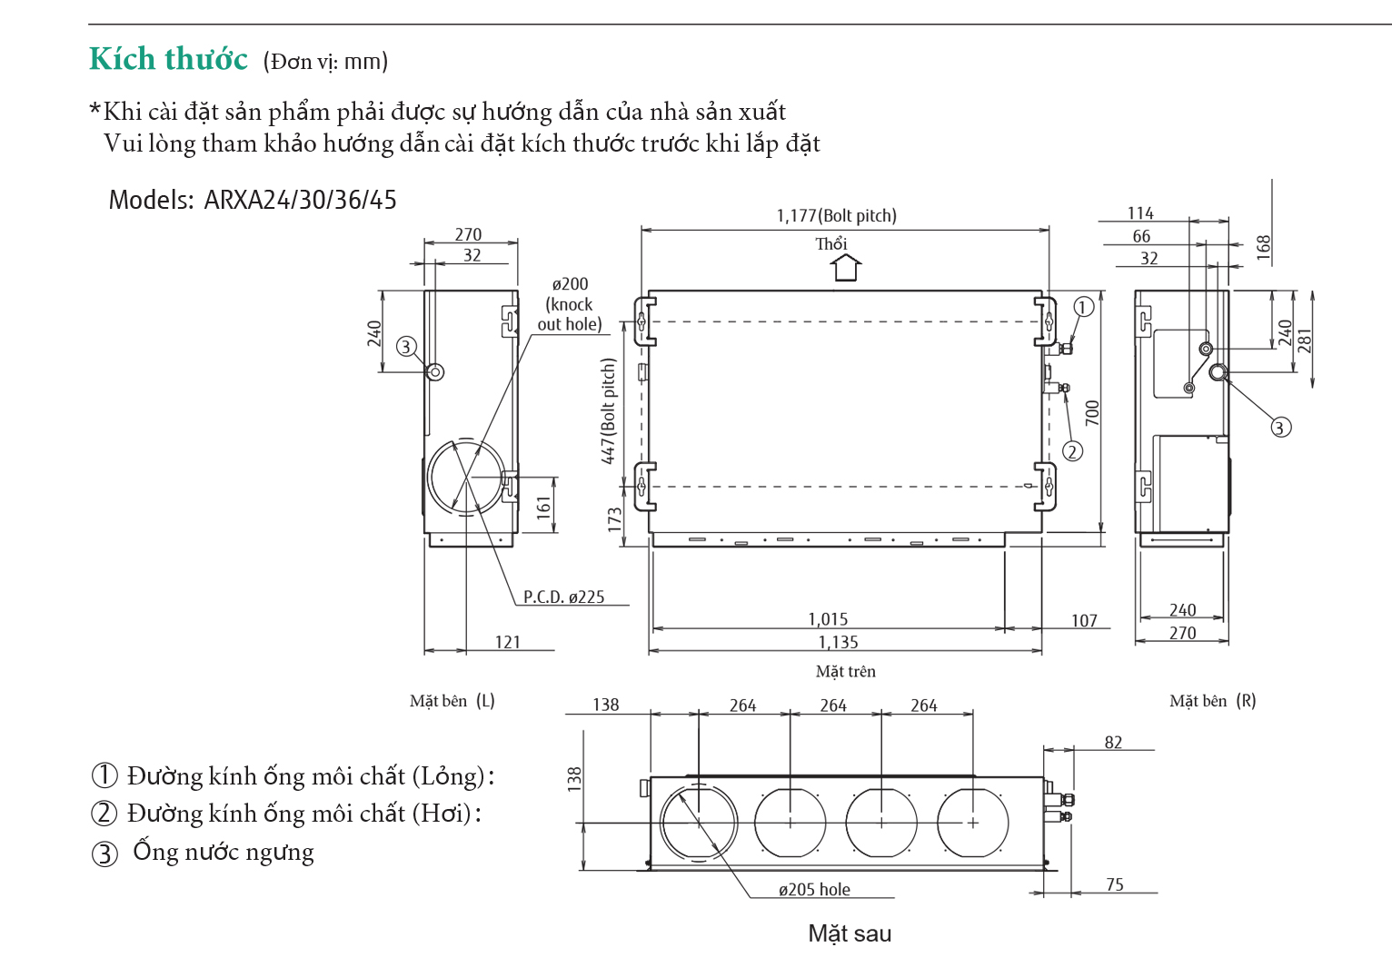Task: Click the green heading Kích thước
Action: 168,59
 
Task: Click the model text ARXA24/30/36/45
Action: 300,200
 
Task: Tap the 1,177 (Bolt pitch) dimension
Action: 837,215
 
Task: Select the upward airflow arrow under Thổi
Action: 846,268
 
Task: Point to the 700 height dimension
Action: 1092,413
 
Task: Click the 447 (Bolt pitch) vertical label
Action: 609,411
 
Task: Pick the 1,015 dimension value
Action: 828,619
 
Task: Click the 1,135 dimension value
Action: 838,642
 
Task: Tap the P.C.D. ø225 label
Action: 563,597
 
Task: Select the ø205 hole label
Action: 814,889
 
